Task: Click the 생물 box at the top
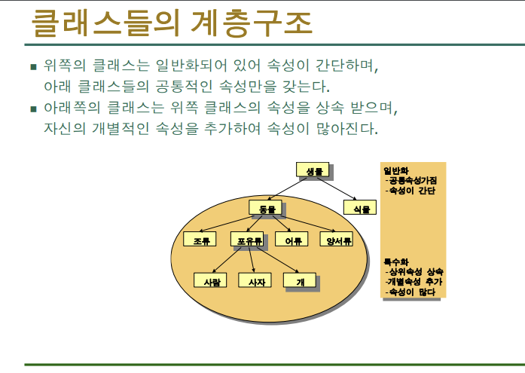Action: click(313, 171)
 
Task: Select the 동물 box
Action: click(266, 206)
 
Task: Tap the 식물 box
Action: click(360, 206)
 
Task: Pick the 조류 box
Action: click(200, 240)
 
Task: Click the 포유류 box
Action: click(249, 240)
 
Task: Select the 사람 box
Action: click(210, 280)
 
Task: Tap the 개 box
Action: click(299, 280)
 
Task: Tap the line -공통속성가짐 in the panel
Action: click(411, 180)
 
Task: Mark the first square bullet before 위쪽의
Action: click(33, 66)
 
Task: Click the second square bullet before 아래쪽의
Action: click(33, 109)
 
